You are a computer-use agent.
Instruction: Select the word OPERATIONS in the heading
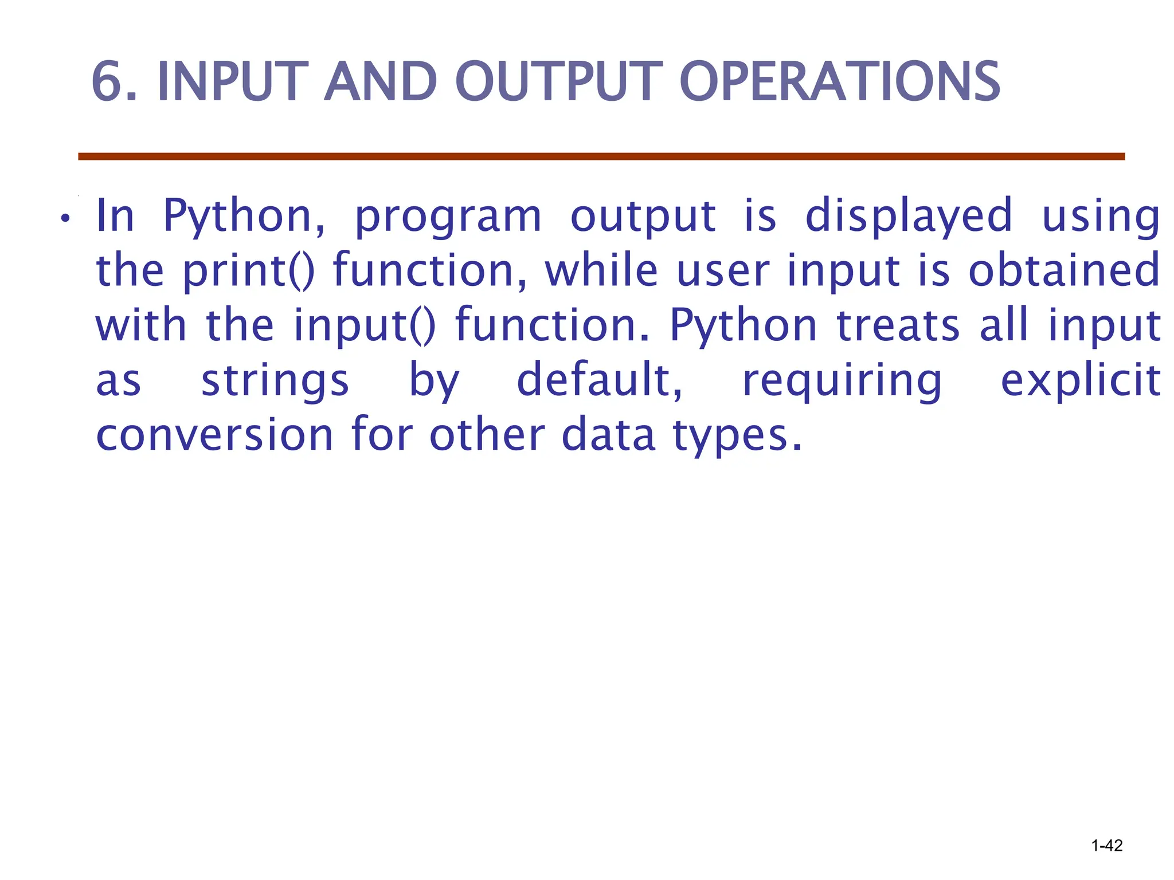click(x=839, y=82)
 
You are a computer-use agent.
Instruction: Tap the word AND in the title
click(x=381, y=82)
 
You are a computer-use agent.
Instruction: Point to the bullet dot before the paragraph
click(x=66, y=219)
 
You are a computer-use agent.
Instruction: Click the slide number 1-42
click(x=1106, y=846)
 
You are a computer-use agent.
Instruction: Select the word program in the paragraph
click(x=448, y=217)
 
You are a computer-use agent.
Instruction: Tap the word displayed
click(x=909, y=217)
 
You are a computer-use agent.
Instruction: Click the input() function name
click(x=365, y=325)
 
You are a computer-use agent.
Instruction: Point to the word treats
click(x=898, y=325)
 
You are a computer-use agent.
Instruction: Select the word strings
click(x=275, y=380)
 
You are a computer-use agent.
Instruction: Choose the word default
click(x=599, y=380)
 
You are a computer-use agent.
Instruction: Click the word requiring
click(x=842, y=380)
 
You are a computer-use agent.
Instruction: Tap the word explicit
click(x=1081, y=380)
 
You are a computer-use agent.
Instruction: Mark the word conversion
click(x=214, y=435)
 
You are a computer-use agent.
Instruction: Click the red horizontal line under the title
click(x=601, y=156)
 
